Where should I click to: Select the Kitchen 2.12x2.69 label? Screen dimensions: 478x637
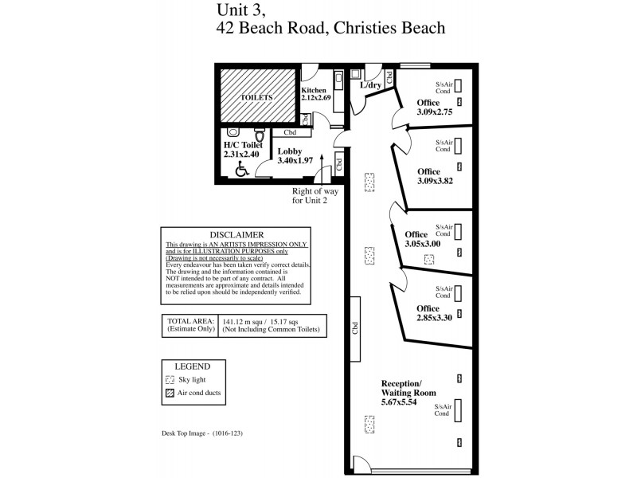pos(313,95)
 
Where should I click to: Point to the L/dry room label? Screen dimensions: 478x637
pos(371,85)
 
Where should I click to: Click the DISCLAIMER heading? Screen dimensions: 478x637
pos(236,235)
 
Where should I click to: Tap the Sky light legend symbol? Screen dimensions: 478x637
pos(170,380)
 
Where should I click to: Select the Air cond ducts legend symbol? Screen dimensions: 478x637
pos(170,394)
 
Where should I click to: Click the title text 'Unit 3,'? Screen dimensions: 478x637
pos(236,10)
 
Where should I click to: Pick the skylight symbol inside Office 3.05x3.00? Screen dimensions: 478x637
pos(430,259)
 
